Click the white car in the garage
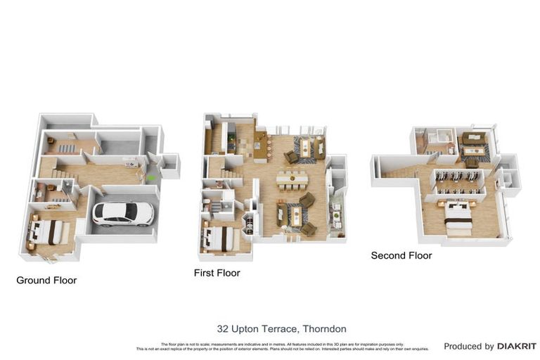[124, 212]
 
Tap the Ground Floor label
[46, 281]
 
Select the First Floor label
[217, 273]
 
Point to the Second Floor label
[401, 256]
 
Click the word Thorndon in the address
[323, 329]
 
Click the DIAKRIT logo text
[517, 347]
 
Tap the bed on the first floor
[219, 237]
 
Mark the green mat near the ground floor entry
[152, 178]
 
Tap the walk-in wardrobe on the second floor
[458, 181]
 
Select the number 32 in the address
[223, 329]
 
